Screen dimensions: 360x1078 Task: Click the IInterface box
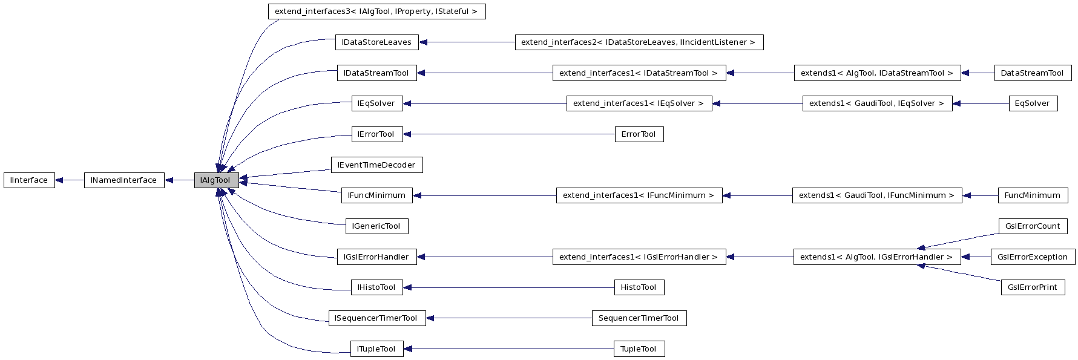tap(29, 180)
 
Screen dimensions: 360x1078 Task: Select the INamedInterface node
tap(123, 180)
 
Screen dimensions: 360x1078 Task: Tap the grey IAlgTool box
tap(216, 180)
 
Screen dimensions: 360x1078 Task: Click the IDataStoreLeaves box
tap(376, 42)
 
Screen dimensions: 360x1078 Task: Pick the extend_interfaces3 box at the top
tap(376, 11)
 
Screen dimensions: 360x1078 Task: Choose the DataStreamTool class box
tap(1032, 73)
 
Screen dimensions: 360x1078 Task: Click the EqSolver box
tap(1033, 103)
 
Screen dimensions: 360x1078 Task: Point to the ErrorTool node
tap(639, 134)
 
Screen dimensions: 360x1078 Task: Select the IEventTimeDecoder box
tap(376, 165)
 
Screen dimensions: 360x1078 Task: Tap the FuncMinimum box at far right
tap(1032, 195)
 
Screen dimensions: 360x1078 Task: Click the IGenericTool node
tap(376, 226)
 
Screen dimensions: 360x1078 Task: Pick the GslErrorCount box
tap(1033, 226)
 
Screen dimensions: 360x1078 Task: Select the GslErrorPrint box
tap(1033, 287)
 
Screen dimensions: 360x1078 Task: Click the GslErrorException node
tap(1033, 257)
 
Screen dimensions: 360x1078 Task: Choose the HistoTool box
tap(639, 287)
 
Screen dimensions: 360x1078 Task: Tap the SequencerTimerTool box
tap(639, 318)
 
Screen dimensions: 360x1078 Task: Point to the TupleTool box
tap(639, 349)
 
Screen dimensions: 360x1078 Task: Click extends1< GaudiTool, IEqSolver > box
tap(876, 103)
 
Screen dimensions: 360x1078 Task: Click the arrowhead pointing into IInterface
tap(60, 180)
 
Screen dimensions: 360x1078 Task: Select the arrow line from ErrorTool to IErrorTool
tap(508, 134)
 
